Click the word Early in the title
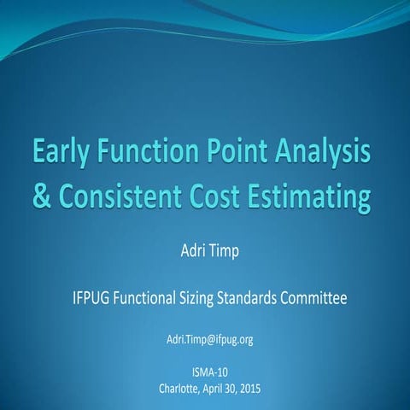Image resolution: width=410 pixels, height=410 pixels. tap(63, 155)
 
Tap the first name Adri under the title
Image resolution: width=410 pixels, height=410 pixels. tap(188, 253)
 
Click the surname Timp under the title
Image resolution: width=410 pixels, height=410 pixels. tap(224, 254)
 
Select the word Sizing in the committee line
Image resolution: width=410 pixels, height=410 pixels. tap(217, 300)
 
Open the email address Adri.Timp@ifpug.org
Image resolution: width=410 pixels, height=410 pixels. tap(209, 340)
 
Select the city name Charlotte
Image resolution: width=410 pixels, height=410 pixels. tap(180, 389)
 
